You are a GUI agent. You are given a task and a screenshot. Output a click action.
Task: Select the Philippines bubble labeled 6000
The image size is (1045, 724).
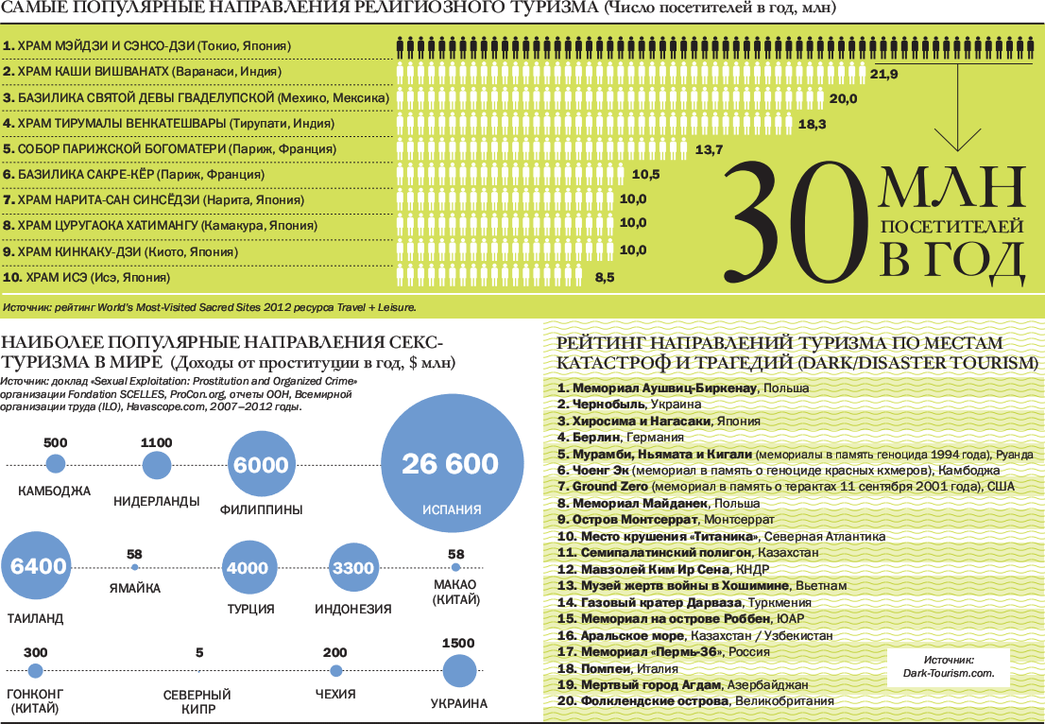(x=261, y=465)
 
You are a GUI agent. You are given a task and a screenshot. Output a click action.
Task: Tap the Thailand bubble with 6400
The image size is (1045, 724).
(x=38, y=567)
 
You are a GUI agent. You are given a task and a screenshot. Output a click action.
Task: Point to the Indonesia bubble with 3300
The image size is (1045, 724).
(x=354, y=568)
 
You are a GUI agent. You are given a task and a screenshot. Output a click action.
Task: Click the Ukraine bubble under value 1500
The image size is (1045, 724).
(x=458, y=671)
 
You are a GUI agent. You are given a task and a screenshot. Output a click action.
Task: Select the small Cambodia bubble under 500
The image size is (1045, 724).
(x=56, y=464)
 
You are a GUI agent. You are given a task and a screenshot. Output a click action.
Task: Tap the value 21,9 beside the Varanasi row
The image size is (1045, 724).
(x=883, y=74)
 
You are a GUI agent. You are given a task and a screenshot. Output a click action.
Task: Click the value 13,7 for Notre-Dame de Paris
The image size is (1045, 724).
(x=709, y=150)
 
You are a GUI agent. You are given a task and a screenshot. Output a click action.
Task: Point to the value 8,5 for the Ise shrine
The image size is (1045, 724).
(x=605, y=278)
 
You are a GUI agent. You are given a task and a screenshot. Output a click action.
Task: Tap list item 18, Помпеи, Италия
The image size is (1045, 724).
(x=617, y=668)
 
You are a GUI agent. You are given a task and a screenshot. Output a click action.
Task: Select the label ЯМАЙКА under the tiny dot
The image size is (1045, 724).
(x=135, y=588)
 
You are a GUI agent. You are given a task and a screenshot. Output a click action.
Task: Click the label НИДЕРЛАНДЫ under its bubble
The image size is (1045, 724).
(x=157, y=501)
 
